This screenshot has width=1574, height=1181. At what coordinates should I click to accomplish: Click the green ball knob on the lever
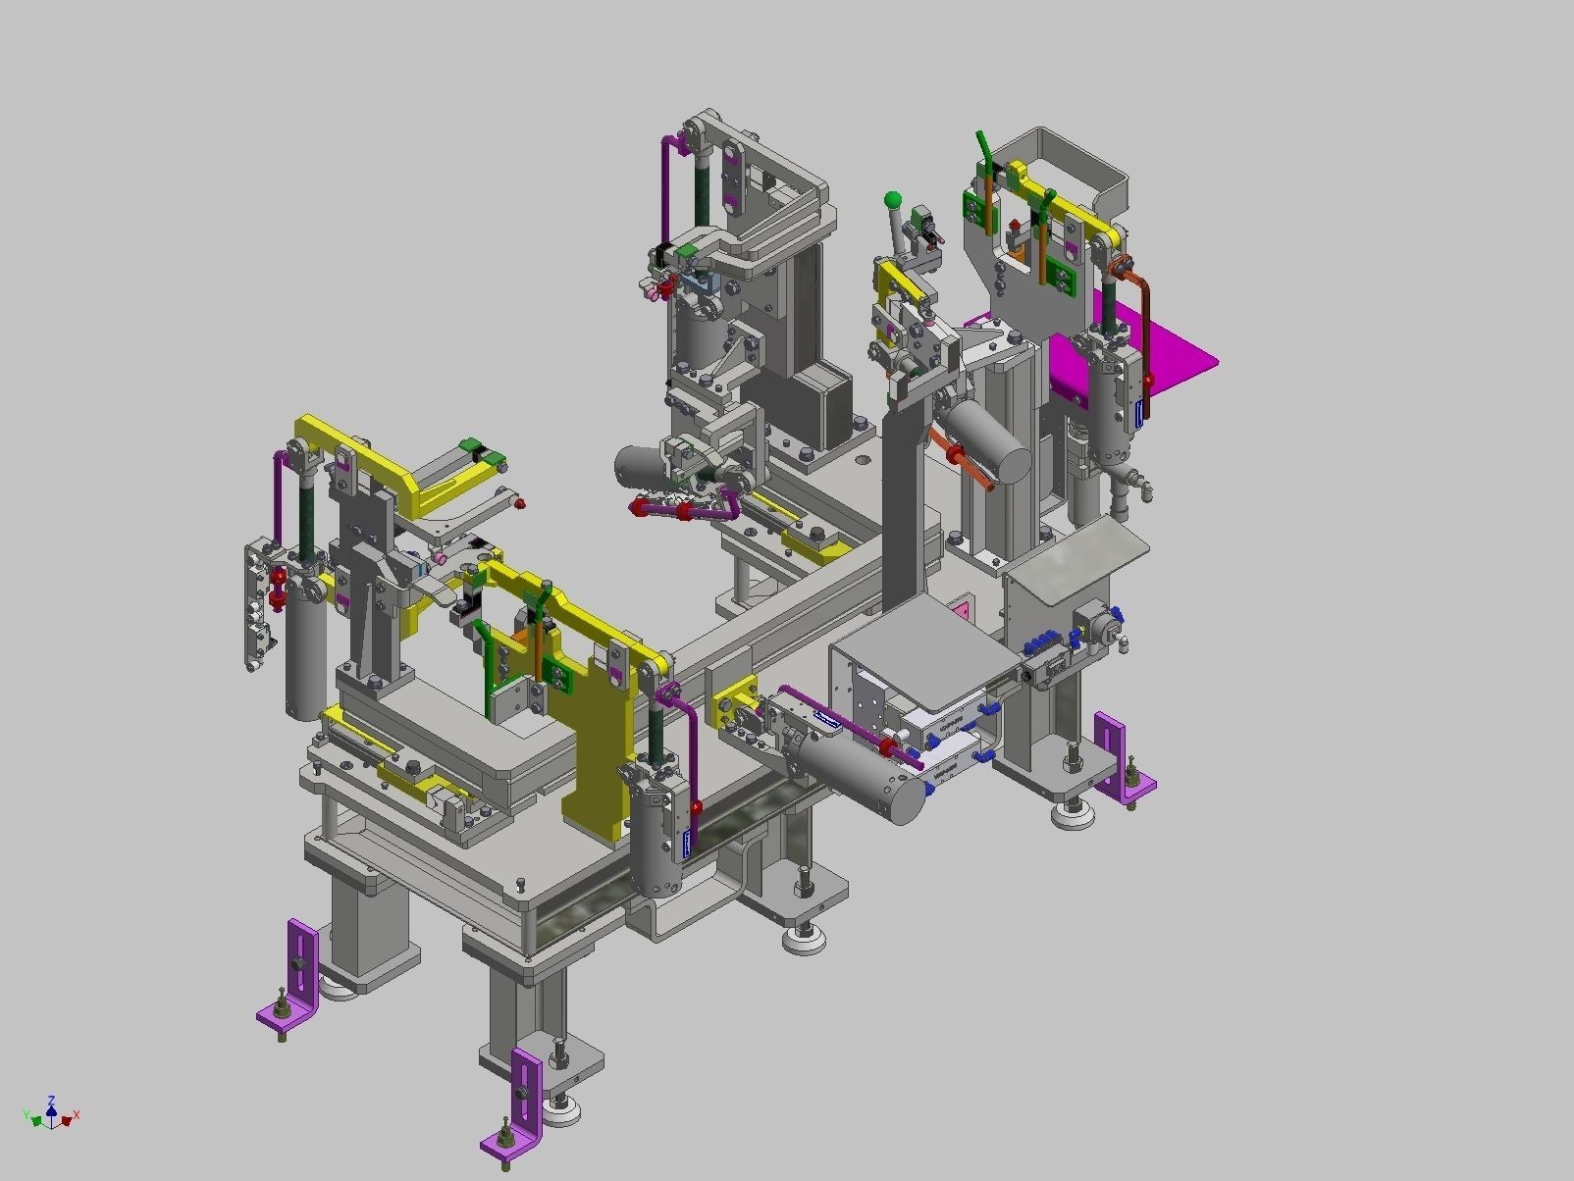coord(893,200)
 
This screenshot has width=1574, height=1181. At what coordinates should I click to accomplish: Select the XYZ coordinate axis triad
coord(51,1114)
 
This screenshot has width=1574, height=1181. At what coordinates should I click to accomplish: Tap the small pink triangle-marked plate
coord(964,611)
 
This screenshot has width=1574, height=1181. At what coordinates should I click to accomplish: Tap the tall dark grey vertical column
coord(903,510)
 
